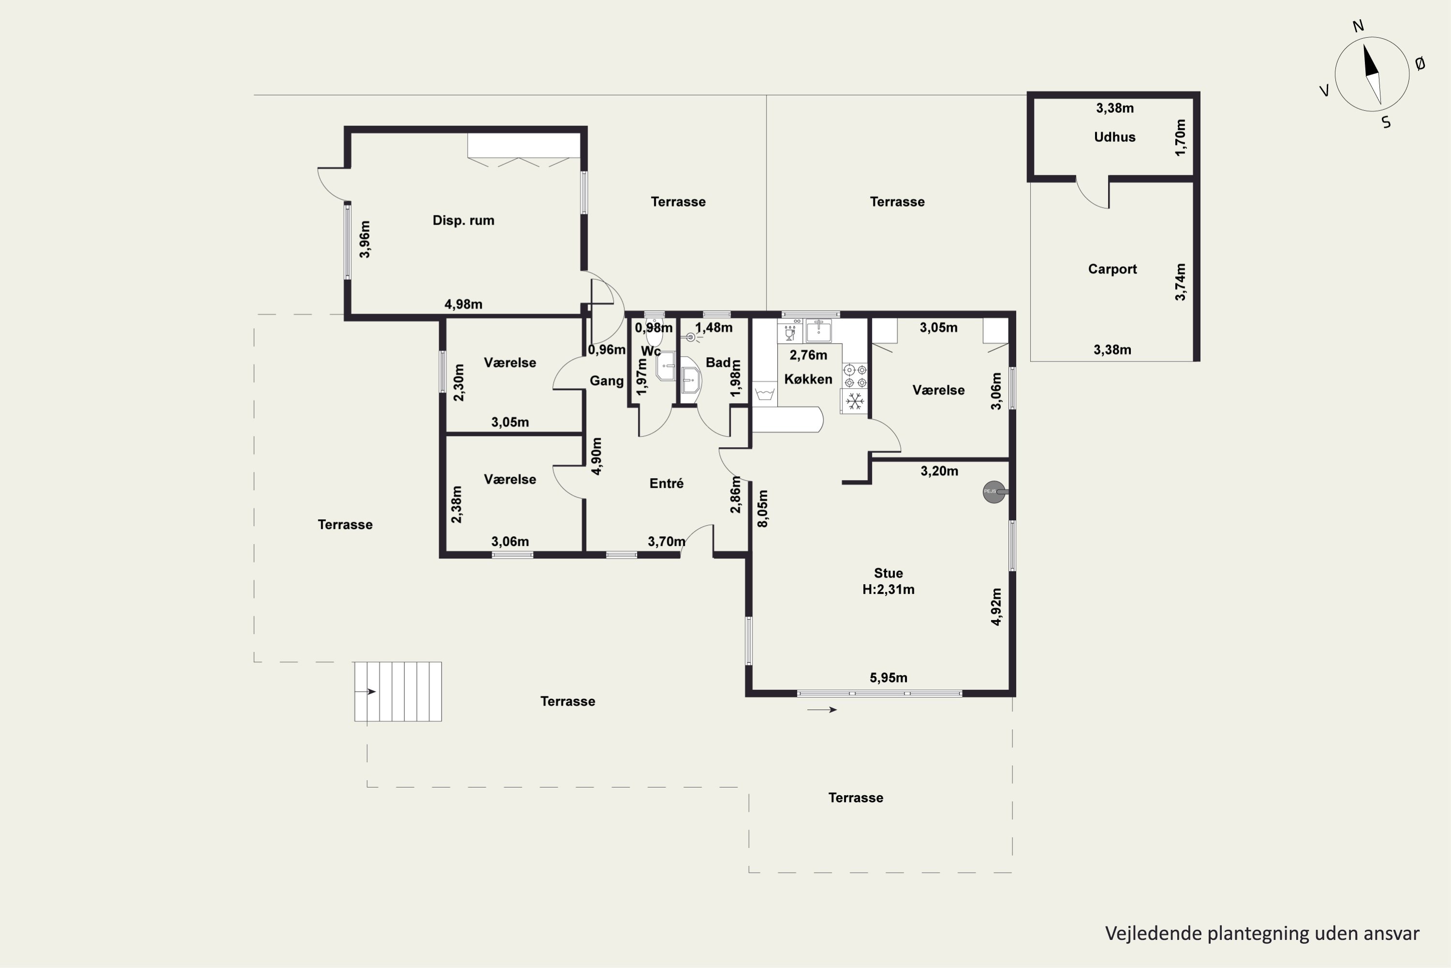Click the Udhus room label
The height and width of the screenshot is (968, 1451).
[x=1114, y=137]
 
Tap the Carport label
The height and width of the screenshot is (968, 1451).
[x=1112, y=269]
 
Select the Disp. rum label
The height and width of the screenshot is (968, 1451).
[x=463, y=220]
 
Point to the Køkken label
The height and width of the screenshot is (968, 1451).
[x=808, y=379]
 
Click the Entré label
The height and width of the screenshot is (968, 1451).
[x=666, y=484]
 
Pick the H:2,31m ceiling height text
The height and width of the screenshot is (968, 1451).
[x=888, y=590]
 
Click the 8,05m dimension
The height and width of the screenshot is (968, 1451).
[x=763, y=509]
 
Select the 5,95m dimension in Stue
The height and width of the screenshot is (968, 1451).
[x=888, y=678]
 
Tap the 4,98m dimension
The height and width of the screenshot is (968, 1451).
[x=463, y=304]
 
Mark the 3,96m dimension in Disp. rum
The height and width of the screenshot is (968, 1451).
[x=365, y=240]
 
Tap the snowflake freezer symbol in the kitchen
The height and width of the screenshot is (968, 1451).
[x=855, y=402]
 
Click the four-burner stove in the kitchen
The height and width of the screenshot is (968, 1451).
[x=855, y=376]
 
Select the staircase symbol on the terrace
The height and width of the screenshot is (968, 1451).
[x=398, y=692]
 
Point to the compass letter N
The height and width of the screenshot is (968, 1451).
[x=1358, y=26]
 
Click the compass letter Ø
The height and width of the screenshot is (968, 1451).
[x=1420, y=63]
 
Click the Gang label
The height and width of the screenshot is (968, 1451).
[x=607, y=381]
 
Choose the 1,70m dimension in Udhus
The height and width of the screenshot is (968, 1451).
[x=1180, y=137]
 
